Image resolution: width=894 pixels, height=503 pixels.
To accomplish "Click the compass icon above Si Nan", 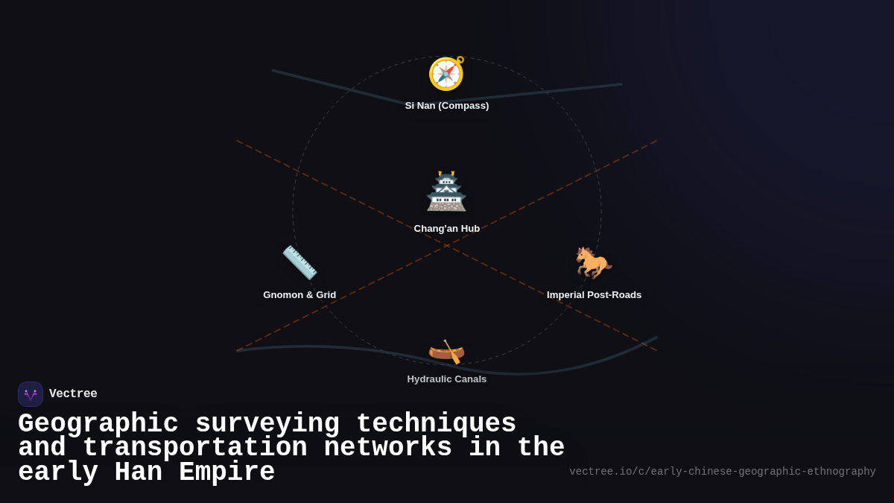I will point(446,74).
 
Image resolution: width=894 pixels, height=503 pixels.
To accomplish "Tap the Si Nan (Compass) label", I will point(447,106).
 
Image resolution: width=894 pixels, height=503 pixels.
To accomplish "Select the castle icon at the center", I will point(446,192).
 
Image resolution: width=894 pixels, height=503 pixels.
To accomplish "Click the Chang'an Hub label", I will point(447,229).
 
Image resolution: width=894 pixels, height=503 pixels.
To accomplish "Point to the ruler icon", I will point(299,262).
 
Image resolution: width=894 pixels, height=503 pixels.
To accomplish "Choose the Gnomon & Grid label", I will point(299,295).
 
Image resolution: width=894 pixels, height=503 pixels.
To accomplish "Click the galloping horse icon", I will point(594,262).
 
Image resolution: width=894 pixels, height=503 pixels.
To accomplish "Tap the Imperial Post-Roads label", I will point(594,295).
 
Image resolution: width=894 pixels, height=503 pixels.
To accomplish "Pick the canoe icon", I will point(446,351).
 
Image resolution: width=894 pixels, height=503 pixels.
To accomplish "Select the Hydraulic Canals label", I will point(447,379).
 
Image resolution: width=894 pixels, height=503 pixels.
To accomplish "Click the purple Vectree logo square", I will point(31,394).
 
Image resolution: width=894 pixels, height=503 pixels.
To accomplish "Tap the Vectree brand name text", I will point(73,394).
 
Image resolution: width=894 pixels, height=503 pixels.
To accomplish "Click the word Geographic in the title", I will point(98,424).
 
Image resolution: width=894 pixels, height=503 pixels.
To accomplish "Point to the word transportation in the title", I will point(194,448).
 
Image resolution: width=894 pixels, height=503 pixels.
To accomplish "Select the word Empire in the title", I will point(227,472).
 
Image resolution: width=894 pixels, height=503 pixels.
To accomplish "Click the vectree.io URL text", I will point(723,472).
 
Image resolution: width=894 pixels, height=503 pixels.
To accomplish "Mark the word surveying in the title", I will point(267,424).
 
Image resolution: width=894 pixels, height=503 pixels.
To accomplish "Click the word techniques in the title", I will point(436,424).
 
